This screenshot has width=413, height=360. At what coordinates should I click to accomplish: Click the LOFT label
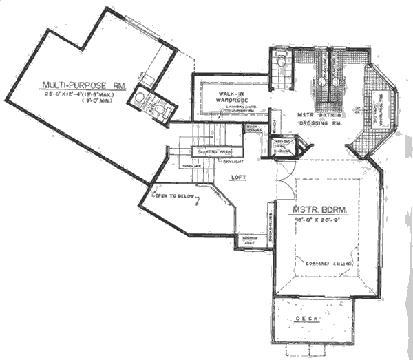239,177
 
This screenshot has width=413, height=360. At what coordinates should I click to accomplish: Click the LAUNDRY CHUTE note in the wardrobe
234,108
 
